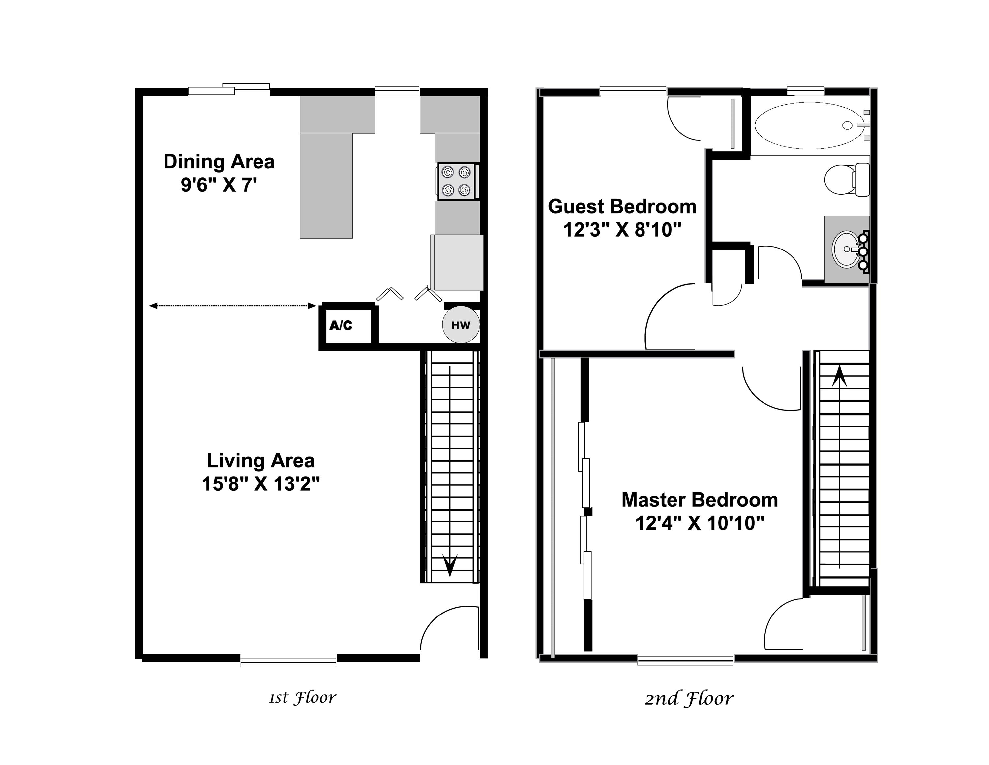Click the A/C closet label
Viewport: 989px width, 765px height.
341,325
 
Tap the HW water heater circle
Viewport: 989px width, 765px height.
461,325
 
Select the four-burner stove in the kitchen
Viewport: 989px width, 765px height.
456,181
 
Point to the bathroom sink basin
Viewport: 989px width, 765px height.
846,249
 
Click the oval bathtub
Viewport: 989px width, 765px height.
808,125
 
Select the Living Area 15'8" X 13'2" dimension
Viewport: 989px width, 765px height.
260,484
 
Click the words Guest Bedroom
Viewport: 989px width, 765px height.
622,207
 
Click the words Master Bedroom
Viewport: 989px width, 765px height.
699,500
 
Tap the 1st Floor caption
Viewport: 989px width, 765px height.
303,697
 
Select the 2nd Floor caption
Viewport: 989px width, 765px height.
689,698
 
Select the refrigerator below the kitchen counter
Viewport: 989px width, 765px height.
457,262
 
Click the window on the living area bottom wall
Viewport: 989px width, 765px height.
288,662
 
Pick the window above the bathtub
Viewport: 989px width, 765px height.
805,91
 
